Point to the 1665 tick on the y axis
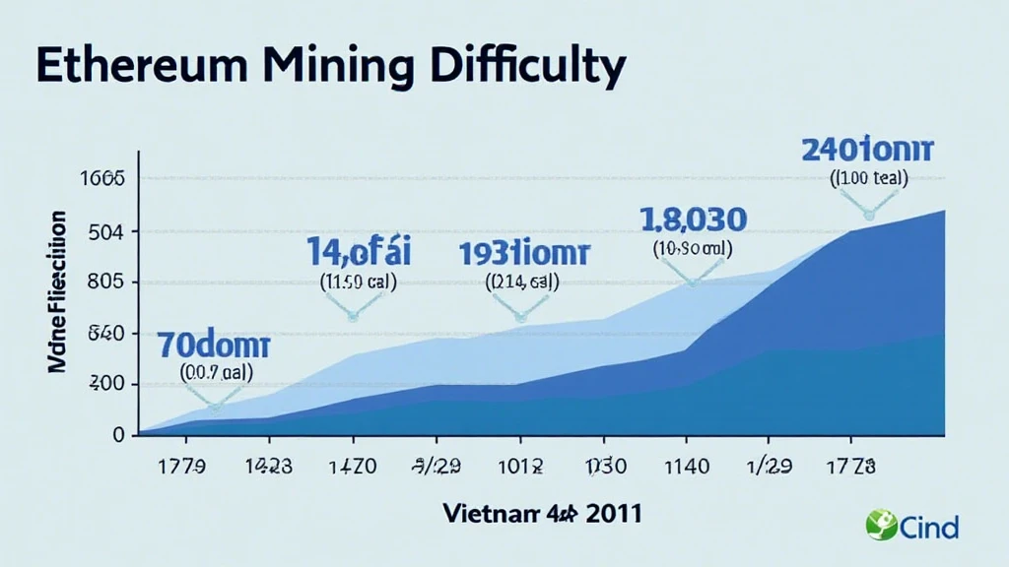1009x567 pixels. [103, 179]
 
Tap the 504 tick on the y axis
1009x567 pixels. [105, 232]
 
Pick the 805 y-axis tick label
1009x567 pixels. [105, 283]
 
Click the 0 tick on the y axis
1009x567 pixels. [118, 434]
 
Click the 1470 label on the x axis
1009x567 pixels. [350, 467]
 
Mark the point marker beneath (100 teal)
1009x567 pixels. [868, 214]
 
